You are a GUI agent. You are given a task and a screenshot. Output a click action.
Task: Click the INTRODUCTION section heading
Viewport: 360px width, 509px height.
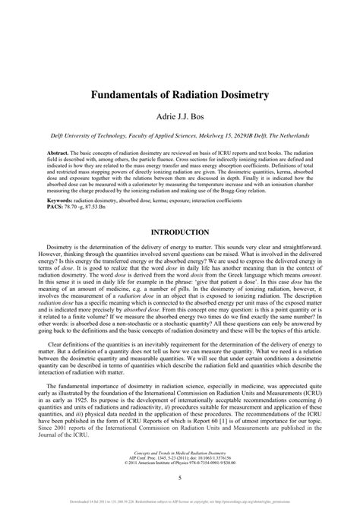click(x=180, y=210)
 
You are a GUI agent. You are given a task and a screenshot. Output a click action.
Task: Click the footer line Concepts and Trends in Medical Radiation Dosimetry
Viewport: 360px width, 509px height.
click(x=180, y=450)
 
